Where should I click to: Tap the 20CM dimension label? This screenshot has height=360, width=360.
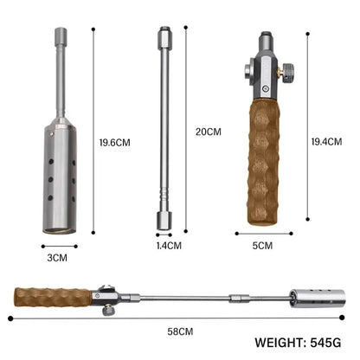(x=208, y=132)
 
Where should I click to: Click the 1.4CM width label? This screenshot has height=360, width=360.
(x=170, y=245)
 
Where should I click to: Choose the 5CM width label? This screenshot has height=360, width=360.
(x=263, y=245)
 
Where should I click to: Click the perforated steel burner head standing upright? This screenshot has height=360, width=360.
(x=59, y=178)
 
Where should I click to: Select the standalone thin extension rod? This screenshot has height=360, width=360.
(x=162, y=130)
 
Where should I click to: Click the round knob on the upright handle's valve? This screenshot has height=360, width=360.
(x=293, y=69)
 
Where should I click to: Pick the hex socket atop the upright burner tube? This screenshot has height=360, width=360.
(x=61, y=36)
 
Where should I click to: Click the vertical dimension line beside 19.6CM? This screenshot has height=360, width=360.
(x=92, y=130)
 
